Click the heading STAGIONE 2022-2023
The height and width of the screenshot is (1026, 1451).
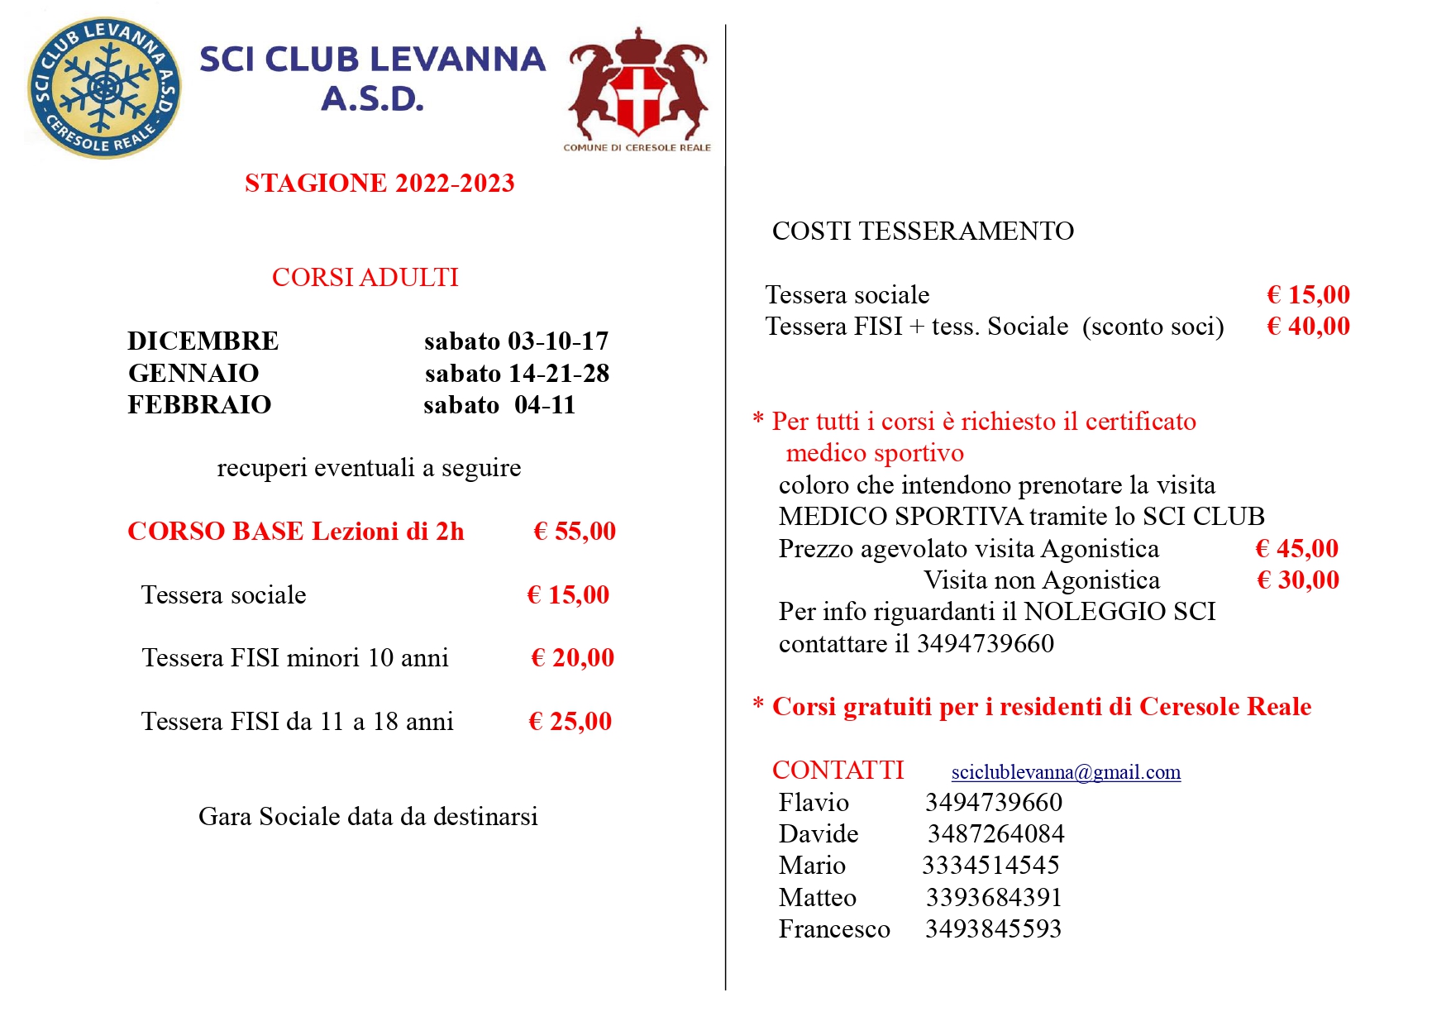tap(379, 183)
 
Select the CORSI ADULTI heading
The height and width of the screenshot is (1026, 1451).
tap(365, 277)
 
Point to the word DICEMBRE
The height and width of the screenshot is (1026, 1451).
tap(203, 341)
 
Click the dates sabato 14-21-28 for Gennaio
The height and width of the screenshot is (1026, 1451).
tap(517, 373)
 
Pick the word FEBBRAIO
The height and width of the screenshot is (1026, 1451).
tap(199, 404)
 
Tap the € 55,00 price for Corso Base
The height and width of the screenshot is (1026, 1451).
tap(575, 531)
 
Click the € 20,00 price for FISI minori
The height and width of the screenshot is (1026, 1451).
tap(572, 657)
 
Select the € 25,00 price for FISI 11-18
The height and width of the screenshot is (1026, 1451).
tap(570, 721)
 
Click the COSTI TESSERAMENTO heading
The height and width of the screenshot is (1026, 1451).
tap(923, 231)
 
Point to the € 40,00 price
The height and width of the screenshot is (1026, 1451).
tap(1308, 326)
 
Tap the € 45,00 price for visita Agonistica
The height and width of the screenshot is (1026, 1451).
tap(1296, 548)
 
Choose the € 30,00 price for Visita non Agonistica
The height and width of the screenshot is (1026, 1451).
tap(1297, 580)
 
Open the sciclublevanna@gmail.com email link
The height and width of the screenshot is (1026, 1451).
tap(1066, 772)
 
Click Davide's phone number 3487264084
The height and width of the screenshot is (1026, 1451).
tap(995, 833)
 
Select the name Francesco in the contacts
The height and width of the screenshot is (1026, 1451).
tap(834, 928)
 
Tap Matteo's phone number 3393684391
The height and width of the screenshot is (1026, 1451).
tap(994, 897)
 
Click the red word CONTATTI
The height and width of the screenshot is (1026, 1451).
tap(838, 770)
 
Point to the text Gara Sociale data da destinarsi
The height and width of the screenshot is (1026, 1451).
tap(368, 816)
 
